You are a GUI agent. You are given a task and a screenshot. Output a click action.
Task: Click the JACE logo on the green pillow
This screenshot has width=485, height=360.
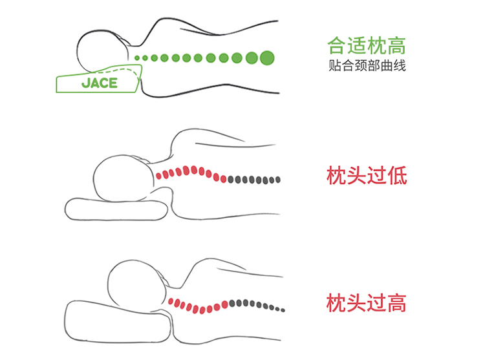click(x=100, y=83)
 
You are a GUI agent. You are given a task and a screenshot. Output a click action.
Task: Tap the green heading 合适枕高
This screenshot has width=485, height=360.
click(x=367, y=47)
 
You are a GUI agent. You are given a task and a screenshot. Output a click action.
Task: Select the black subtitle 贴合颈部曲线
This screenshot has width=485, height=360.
click(x=367, y=65)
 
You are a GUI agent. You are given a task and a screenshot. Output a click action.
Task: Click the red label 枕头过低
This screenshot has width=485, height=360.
click(x=367, y=175)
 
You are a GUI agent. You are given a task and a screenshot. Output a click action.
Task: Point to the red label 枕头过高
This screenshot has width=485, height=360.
click(x=367, y=302)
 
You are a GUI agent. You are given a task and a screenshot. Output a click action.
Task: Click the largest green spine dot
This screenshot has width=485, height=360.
click(x=266, y=58)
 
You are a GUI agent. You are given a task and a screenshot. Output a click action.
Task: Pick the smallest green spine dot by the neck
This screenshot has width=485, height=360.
click(x=138, y=58)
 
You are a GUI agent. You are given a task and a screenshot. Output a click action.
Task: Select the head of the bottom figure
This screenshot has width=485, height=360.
click(x=133, y=284)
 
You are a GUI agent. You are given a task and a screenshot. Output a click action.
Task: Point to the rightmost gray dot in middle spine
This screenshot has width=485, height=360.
click(x=279, y=180)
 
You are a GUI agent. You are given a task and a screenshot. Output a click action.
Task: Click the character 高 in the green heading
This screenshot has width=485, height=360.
click(x=396, y=47)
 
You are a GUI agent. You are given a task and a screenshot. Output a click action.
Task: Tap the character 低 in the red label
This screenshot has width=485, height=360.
click(x=397, y=175)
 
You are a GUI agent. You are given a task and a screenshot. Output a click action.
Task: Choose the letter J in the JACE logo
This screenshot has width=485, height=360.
click(x=85, y=83)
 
